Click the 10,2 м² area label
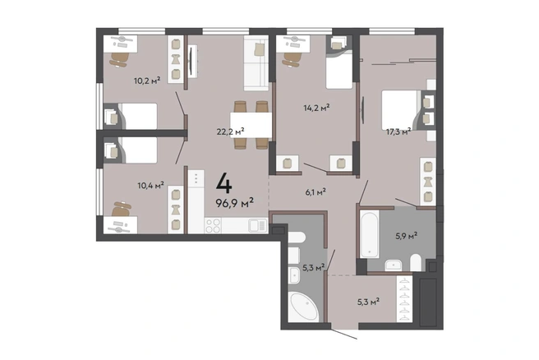(147, 81)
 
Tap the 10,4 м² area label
(151, 186)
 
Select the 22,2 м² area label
(230, 132)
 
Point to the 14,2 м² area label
(316, 108)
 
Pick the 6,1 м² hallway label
(316, 192)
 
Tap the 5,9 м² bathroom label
(407, 236)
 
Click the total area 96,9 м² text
(235, 203)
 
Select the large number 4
(224, 183)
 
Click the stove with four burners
(213, 225)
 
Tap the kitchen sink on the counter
(257, 226)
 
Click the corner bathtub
(303, 307)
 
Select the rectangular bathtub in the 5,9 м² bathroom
(370, 234)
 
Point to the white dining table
(251, 125)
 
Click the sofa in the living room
(256, 63)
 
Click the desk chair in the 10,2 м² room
(119, 59)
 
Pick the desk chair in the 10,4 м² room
(122, 209)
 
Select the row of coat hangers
(405, 299)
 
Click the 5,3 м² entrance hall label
(368, 302)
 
